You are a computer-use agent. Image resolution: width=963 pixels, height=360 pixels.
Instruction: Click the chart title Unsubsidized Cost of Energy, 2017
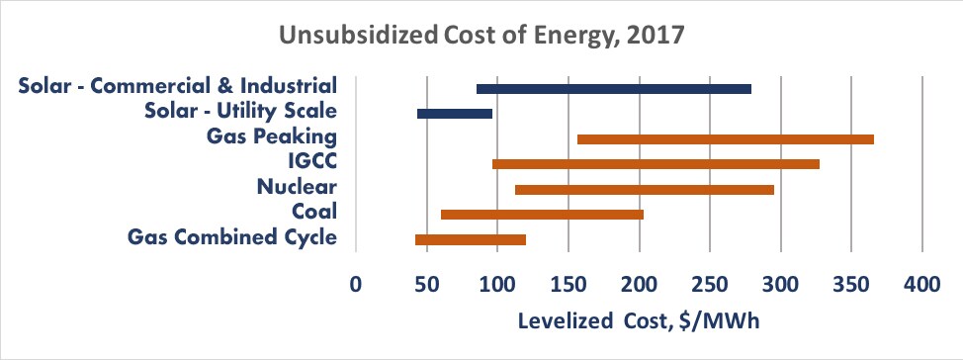[x=481, y=37]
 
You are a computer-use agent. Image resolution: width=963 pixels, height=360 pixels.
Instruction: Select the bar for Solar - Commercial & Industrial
[x=613, y=89]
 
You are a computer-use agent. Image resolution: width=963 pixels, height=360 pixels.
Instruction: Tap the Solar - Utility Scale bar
[x=455, y=114]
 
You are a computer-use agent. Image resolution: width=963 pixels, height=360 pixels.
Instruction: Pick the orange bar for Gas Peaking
[x=725, y=139]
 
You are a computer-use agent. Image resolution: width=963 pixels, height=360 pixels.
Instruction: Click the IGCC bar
[x=656, y=164]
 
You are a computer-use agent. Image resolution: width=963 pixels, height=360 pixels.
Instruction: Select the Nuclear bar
[x=644, y=189]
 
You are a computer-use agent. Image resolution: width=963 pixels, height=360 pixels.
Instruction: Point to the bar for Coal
[x=542, y=214]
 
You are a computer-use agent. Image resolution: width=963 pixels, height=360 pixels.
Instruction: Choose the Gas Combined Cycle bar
[x=471, y=239]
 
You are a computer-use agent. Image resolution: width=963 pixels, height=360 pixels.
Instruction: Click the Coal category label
[x=314, y=211]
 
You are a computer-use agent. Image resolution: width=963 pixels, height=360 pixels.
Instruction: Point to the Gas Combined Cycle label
[x=233, y=236]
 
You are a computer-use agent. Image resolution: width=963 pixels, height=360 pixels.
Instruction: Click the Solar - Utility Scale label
[x=241, y=111]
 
